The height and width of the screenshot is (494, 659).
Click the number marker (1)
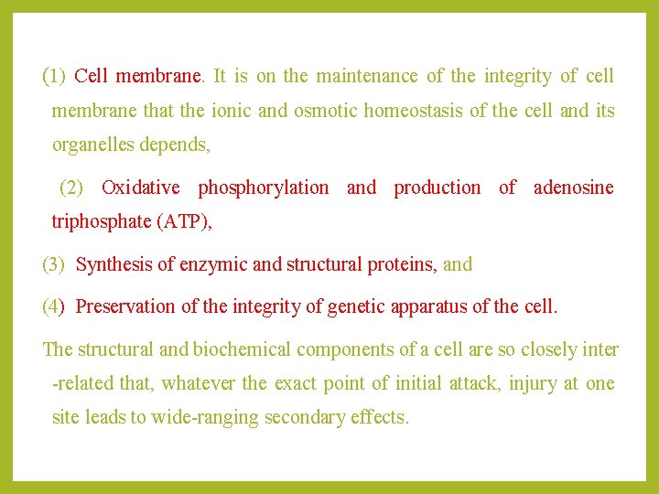click(x=54, y=77)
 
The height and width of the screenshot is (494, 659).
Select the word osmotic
click(x=325, y=112)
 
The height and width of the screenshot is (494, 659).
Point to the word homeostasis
click(x=414, y=112)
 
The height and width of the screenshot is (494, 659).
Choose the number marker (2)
click(x=70, y=188)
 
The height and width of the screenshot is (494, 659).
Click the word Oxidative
click(x=141, y=188)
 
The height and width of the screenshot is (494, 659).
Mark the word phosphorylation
click(x=264, y=188)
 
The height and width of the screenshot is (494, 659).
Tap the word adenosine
click(x=573, y=188)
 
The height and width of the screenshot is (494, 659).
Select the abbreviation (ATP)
click(x=161, y=222)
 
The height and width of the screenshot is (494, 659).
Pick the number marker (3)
click(x=54, y=265)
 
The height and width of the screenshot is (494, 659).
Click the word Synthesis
click(x=114, y=265)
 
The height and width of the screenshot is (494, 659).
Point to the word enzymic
click(x=212, y=265)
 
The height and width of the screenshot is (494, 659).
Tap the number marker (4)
click(x=54, y=306)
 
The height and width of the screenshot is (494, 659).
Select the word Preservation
click(x=125, y=306)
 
